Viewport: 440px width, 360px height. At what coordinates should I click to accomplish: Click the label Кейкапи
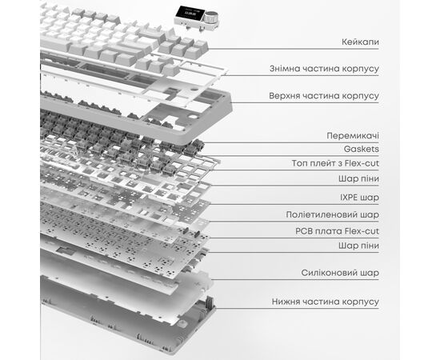tap(360, 42)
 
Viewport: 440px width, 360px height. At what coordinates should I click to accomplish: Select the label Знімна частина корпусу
tap(324, 69)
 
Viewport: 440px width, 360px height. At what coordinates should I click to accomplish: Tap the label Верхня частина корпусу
tap(324, 96)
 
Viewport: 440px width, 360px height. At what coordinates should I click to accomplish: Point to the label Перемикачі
tap(353, 136)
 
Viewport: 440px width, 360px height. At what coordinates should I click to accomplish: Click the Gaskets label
tap(362, 149)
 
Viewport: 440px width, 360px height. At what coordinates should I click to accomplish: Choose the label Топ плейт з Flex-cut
tap(335, 163)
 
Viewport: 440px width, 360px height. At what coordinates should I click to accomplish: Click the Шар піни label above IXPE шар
tap(358, 178)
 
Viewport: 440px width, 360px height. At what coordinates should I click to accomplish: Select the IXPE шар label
tap(359, 198)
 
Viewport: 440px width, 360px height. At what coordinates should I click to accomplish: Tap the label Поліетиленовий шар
tap(333, 214)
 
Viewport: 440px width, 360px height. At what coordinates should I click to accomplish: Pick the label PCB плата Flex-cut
tap(337, 231)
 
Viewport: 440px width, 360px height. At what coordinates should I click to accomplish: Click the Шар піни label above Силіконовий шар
tap(358, 246)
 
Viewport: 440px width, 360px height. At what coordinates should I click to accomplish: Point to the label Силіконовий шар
tap(340, 273)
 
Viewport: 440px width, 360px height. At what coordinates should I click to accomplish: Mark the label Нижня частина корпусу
tap(326, 302)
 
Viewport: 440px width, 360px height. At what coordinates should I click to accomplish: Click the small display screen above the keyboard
tap(190, 13)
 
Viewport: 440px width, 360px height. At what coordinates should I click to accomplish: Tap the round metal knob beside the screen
tap(210, 17)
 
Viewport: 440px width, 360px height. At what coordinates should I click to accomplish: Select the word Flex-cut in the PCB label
tap(362, 231)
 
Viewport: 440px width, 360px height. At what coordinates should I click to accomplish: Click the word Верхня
tap(282, 96)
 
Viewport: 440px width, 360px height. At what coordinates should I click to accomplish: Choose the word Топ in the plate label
tap(299, 163)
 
